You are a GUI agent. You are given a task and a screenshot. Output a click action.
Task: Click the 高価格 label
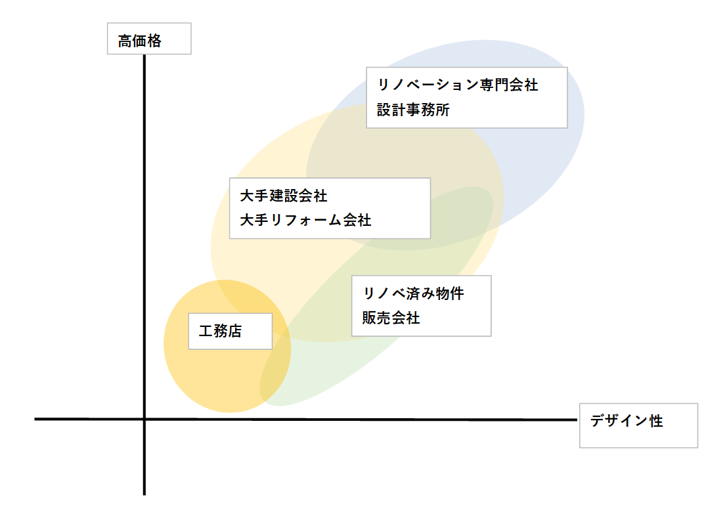pyautogui.click(x=139, y=41)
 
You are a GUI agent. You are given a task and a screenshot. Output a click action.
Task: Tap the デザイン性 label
pyautogui.click(x=626, y=421)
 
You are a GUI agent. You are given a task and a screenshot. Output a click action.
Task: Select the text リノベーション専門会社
pyautogui.click(x=457, y=85)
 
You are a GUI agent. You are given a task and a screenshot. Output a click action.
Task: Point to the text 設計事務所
pyautogui.click(x=413, y=110)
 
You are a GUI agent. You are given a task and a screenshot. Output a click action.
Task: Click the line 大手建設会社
pyautogui.click(x=284, y=196)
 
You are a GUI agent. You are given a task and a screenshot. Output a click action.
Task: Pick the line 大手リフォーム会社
pyautogui.click(x=305, y=220)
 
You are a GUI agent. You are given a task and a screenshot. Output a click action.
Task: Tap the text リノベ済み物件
pyautogui.click(x=413, y=293)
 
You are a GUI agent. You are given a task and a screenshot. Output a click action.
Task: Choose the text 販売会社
pyautogui.click(x=391, y=318)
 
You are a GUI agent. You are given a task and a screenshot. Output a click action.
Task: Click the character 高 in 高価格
pyautogui.click(x=125, y=41)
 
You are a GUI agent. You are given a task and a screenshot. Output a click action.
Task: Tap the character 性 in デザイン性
pyautogui.click(x=656, y=421)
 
